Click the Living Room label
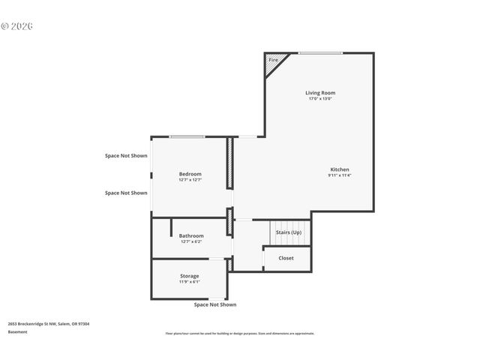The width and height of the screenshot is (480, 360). [x=319, y=93]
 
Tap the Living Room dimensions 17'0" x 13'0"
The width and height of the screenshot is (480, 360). [x=319, y=99]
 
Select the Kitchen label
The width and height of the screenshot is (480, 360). [x=340, y=169]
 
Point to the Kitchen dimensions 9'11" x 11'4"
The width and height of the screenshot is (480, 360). [x=340, y=175]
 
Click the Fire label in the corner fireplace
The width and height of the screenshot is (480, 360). [x=273, y=60]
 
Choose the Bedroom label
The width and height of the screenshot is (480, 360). [x=190, y=174]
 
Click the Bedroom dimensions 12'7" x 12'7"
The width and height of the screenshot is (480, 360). [x=190, y=180]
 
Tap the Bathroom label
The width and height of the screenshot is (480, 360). [x=191, y=235]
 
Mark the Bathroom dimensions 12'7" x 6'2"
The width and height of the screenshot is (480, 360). [x=191, y=241]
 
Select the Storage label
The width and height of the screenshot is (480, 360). [x=190, y=276]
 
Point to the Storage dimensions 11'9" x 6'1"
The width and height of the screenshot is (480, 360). [x=190, y=282]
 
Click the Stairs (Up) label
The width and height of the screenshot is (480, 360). [x=289, y=232]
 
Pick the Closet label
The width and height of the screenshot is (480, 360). [x=286, y=258]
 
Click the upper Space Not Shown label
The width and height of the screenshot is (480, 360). [x=126, y=156]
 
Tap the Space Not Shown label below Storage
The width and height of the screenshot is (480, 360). [x=215, y=304]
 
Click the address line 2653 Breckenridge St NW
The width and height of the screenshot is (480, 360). [x=49, y=324]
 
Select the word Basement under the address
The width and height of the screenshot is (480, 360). [x=17, y=331]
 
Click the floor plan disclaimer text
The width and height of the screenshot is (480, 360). [x=240, y=334]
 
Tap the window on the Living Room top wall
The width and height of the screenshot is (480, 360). [x=320, y=52]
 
